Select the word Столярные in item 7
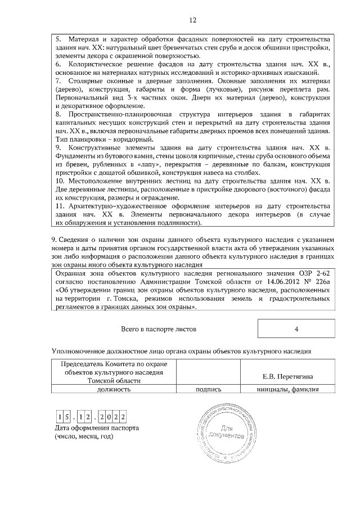click(87, 81)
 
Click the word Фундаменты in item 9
click(76, 156)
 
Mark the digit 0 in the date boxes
click(110, 417)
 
